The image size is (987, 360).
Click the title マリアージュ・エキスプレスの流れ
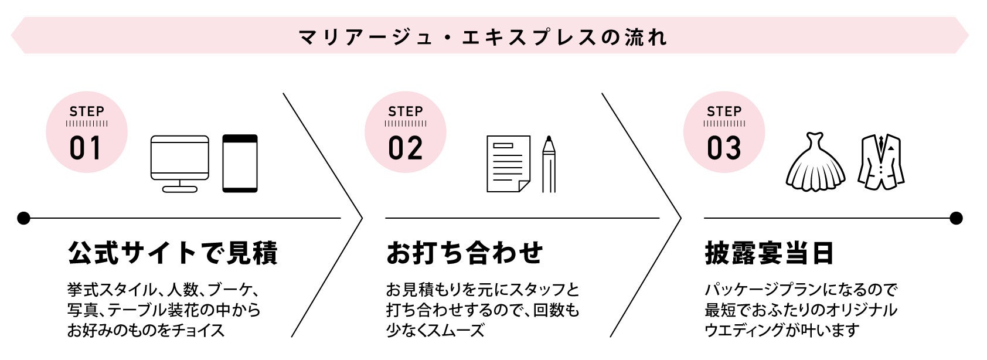tap(483, 37)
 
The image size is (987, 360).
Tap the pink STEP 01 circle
tap(87, 132)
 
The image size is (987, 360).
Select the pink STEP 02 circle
tap(406, 132)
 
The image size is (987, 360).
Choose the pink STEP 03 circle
tap(724, 132)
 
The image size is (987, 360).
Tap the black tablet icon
tap(240, 164)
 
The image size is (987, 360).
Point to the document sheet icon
tap(508, 164)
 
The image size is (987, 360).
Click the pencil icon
tap(549, 164)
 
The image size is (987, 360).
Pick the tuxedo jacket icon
tap(881, 162)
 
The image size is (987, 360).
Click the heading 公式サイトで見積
tap(173, 253)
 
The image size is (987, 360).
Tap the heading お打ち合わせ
tap(465, 253)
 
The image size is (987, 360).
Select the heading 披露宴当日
tap(769, 253)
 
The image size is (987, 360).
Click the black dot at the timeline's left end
tap(23, 219)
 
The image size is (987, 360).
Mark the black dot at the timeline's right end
tap(956, 219)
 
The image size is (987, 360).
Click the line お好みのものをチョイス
tap(146, 330)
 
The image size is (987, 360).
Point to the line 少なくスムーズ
tap(435, 330)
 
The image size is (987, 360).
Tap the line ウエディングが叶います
tap(782, 330)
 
